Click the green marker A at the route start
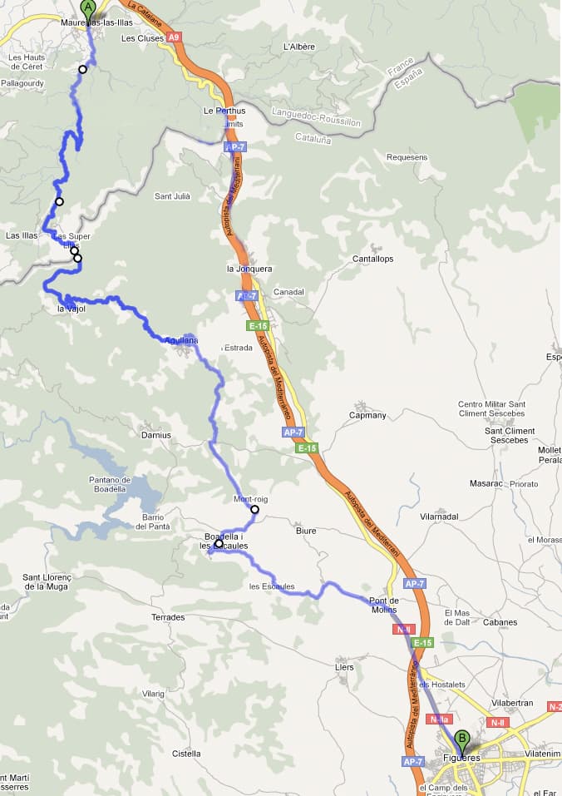click(88, 8)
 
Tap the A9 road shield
click(173, 37)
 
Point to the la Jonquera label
click(249, 269)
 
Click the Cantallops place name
click(372, 259)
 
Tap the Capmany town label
click(367, 415)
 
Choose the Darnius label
click(155, 435)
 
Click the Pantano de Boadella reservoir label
click(111, 484)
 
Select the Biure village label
click(306, 530)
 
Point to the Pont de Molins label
click(383, 605)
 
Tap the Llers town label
click(343, 667)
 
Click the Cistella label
click(185, 754)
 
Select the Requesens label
click(407, 157)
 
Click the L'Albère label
click(299, 47)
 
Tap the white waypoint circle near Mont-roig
click(254, 509)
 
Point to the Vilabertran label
click(512, 703)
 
